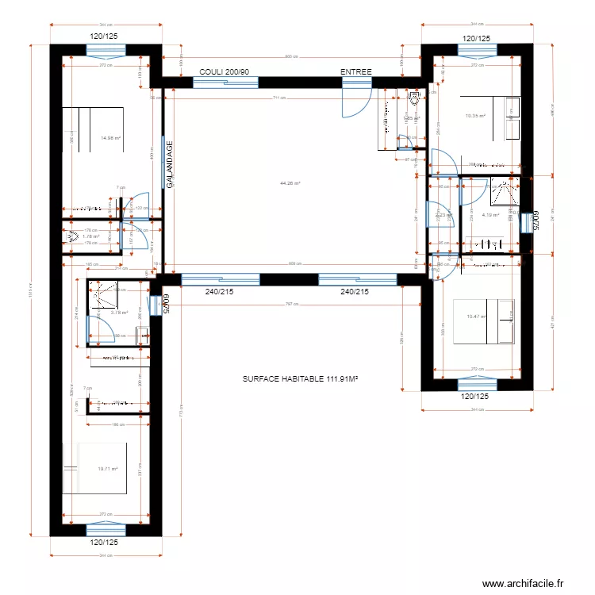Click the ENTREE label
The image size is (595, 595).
pos(356,72)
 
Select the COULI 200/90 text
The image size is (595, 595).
pos(225,72)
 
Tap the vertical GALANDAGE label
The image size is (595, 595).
pos(170,164)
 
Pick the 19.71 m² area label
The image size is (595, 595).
pos(107,468)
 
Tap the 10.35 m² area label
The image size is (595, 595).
pos(475,116)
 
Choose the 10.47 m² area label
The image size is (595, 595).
pos(476,317)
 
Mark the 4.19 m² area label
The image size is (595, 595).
pos(489,214)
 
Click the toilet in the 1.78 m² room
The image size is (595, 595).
pos(71,236)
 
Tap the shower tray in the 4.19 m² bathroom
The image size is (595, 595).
pos(503,190)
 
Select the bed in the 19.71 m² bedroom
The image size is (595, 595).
pos(95,468)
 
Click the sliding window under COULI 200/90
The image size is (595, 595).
pos(225,81)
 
